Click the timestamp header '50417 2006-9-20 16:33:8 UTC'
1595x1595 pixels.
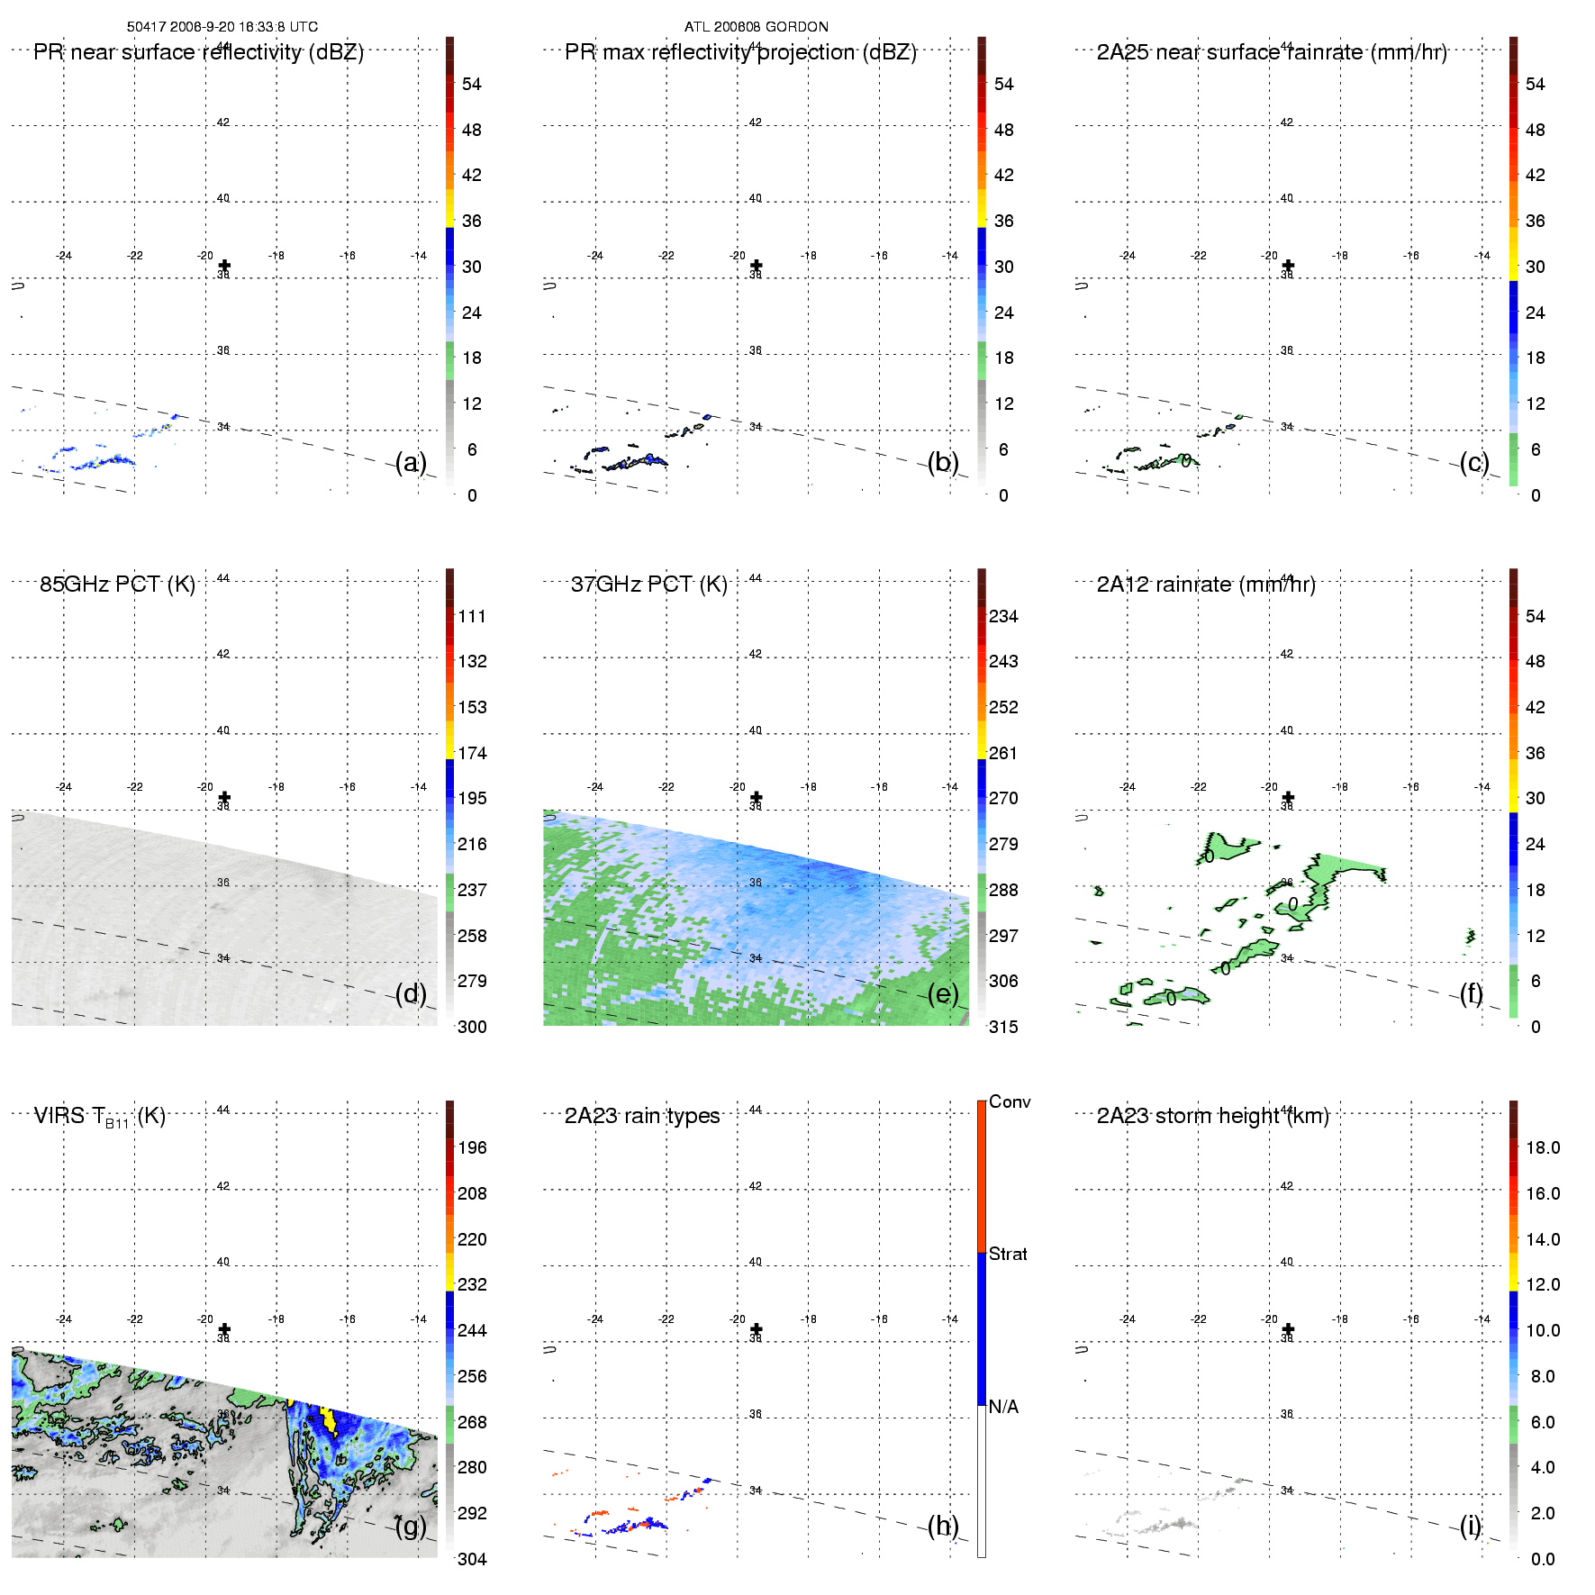click(x=222, y=27)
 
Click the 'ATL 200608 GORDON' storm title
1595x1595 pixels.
click(x=756, y=27)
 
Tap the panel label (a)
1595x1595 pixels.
click(x=411, y=463)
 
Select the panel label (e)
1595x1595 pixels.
click(x=942, y=994)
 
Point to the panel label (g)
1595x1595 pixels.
click(x=411, y=1526)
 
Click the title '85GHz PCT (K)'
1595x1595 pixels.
click(x=117, y=585)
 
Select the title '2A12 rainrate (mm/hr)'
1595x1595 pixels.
click(x=1205, y=585)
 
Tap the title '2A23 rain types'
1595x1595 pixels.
click(x=641, y=1116)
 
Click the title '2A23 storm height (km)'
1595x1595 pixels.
click(x=1212, y=1116)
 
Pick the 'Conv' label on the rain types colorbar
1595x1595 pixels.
click(x=1009, y=1101)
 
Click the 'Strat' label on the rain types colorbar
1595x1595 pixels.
click(x=1008, y=1254)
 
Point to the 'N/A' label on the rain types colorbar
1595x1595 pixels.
click(x=1003, y=1407)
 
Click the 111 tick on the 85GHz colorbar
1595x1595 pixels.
click(x=472, y=616)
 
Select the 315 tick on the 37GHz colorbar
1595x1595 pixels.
click(x=1003, y=1027)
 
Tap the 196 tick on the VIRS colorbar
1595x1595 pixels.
click(x=472, y=1147)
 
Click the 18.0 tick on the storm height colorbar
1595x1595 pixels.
click(x=1542, y=1147)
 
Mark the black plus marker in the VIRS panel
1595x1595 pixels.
click(x=224, y=1328)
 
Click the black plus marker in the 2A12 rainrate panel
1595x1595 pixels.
click(x=1288, y=797)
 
